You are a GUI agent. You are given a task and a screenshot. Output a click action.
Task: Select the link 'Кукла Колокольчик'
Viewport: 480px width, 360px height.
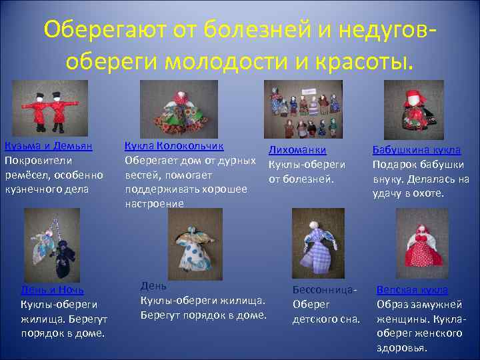(x=174, y=145)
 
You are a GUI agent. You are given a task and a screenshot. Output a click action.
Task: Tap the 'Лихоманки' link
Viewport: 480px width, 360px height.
(x=297, y=151)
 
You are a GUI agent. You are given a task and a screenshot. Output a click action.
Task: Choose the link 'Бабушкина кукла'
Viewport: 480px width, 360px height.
(x=417, y=151)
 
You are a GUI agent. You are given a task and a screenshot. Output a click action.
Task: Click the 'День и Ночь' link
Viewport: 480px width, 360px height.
(x=52, y=290)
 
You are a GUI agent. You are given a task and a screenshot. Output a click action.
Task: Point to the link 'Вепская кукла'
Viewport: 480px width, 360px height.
(x=412, y=290)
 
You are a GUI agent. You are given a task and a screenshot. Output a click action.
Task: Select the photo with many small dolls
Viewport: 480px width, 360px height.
(x=303, y=109)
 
